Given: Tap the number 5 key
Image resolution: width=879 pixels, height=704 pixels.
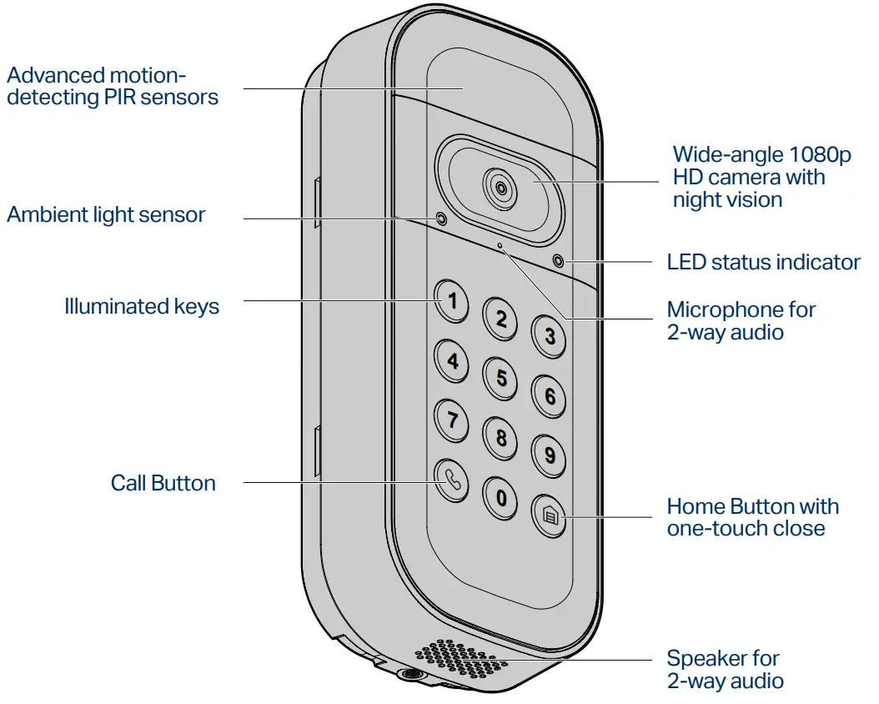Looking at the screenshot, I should [501, 378].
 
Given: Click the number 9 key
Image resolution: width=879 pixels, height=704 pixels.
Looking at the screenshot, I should [550, 455].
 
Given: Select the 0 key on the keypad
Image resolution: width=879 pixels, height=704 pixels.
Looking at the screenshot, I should [500, 498].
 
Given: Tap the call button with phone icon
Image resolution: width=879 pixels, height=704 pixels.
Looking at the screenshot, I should [452, 480].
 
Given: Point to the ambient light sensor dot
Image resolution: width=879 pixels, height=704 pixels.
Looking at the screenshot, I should [440, 219].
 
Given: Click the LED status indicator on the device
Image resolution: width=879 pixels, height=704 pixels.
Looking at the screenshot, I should [558, 262].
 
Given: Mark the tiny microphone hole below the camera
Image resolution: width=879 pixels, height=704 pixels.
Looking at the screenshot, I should [500, 246].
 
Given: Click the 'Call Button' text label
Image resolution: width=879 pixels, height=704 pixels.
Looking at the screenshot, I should [163, 483].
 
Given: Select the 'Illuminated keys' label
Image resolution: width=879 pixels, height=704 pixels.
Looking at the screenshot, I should [142, 306].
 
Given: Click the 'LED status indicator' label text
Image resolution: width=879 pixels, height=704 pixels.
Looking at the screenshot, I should [763, 262].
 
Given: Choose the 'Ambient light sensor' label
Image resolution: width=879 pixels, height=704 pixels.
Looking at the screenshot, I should [106, 214].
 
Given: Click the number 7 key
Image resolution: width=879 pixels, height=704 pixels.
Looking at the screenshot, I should [452, 419].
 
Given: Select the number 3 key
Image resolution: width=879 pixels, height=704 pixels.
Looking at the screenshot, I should [550, 336].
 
